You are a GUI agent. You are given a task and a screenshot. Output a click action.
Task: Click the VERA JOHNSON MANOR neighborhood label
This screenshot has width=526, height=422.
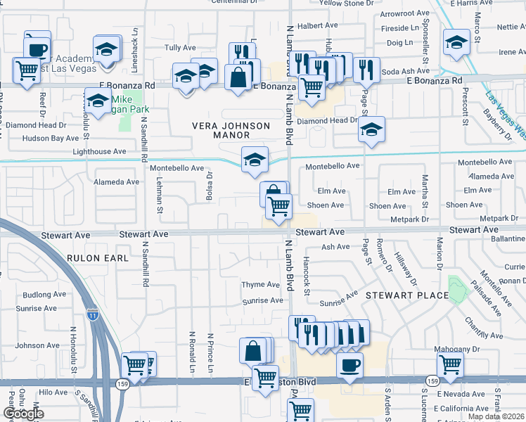tap(231, 130)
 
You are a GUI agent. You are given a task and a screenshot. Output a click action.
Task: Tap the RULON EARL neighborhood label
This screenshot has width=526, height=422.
tap(98, 258)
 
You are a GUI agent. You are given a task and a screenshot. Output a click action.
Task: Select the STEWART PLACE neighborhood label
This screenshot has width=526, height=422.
tap(407, 295)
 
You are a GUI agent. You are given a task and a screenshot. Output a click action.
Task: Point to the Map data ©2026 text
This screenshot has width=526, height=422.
tap(496, 416)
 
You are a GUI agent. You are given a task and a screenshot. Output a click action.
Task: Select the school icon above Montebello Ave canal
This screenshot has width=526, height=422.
tap(255, 158)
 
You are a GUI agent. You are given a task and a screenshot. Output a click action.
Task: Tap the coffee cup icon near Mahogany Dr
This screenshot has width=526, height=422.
tap(349, 364)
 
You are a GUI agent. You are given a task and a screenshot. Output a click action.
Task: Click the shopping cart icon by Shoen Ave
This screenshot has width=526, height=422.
tap(279, 205)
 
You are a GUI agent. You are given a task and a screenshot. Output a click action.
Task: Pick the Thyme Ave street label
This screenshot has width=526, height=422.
tap(261, 285)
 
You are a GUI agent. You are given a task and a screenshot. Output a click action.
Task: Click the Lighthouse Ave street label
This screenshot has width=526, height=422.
tap(99, 151)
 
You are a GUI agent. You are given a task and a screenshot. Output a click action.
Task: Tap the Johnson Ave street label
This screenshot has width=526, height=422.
tap(38, 345)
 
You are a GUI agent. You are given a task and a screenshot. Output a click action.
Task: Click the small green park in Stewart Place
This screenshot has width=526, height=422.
tap(457, 288)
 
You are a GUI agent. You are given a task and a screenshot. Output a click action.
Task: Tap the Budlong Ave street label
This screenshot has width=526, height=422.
tap(44, 295)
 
